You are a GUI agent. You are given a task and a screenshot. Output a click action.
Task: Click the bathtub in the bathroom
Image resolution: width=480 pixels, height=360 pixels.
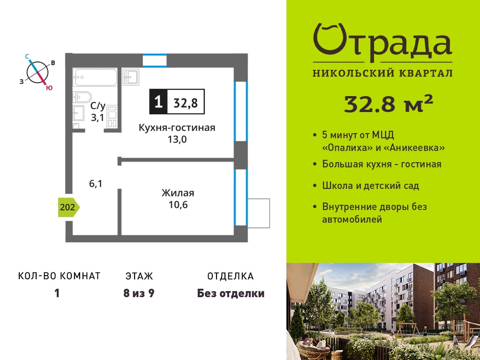pos(95,78)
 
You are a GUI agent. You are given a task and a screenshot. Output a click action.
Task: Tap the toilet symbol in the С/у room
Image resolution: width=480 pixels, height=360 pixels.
pos(82,97)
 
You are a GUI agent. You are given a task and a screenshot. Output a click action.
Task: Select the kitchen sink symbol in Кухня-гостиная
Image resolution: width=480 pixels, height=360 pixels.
pos(131,77)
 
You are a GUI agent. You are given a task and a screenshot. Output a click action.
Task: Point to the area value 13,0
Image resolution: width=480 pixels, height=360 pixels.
pos(177,140)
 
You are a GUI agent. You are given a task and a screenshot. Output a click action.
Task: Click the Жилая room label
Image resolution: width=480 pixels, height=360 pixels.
pos(178,193)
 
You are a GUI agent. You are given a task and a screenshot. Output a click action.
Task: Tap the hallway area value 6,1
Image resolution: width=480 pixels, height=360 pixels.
pos(96,184)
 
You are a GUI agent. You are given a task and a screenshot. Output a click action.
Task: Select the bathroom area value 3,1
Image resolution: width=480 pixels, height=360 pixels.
pos(97,118)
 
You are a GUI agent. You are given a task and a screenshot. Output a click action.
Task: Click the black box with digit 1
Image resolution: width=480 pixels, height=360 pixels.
pos(158,102)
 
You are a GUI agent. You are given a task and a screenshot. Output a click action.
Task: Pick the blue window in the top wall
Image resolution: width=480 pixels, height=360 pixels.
pos(155,60)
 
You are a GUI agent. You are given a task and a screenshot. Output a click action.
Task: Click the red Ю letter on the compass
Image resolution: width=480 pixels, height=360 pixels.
pos(49,88)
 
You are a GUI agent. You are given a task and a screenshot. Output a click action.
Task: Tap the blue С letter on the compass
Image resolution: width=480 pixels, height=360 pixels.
pos(27,56)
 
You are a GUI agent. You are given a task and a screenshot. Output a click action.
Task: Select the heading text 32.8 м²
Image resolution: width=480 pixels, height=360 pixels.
pos(389,104)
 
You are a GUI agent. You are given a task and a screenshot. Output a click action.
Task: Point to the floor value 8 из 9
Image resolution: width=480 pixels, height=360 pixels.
pos(139,293)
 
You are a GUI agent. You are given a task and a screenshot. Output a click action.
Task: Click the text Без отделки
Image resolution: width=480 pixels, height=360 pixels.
pos(231,293)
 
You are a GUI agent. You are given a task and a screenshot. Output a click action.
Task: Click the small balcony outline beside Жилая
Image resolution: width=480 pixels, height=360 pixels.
pos(258,213)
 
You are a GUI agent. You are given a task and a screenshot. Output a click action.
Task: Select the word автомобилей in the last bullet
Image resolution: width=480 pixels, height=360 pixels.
pos(352,219)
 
